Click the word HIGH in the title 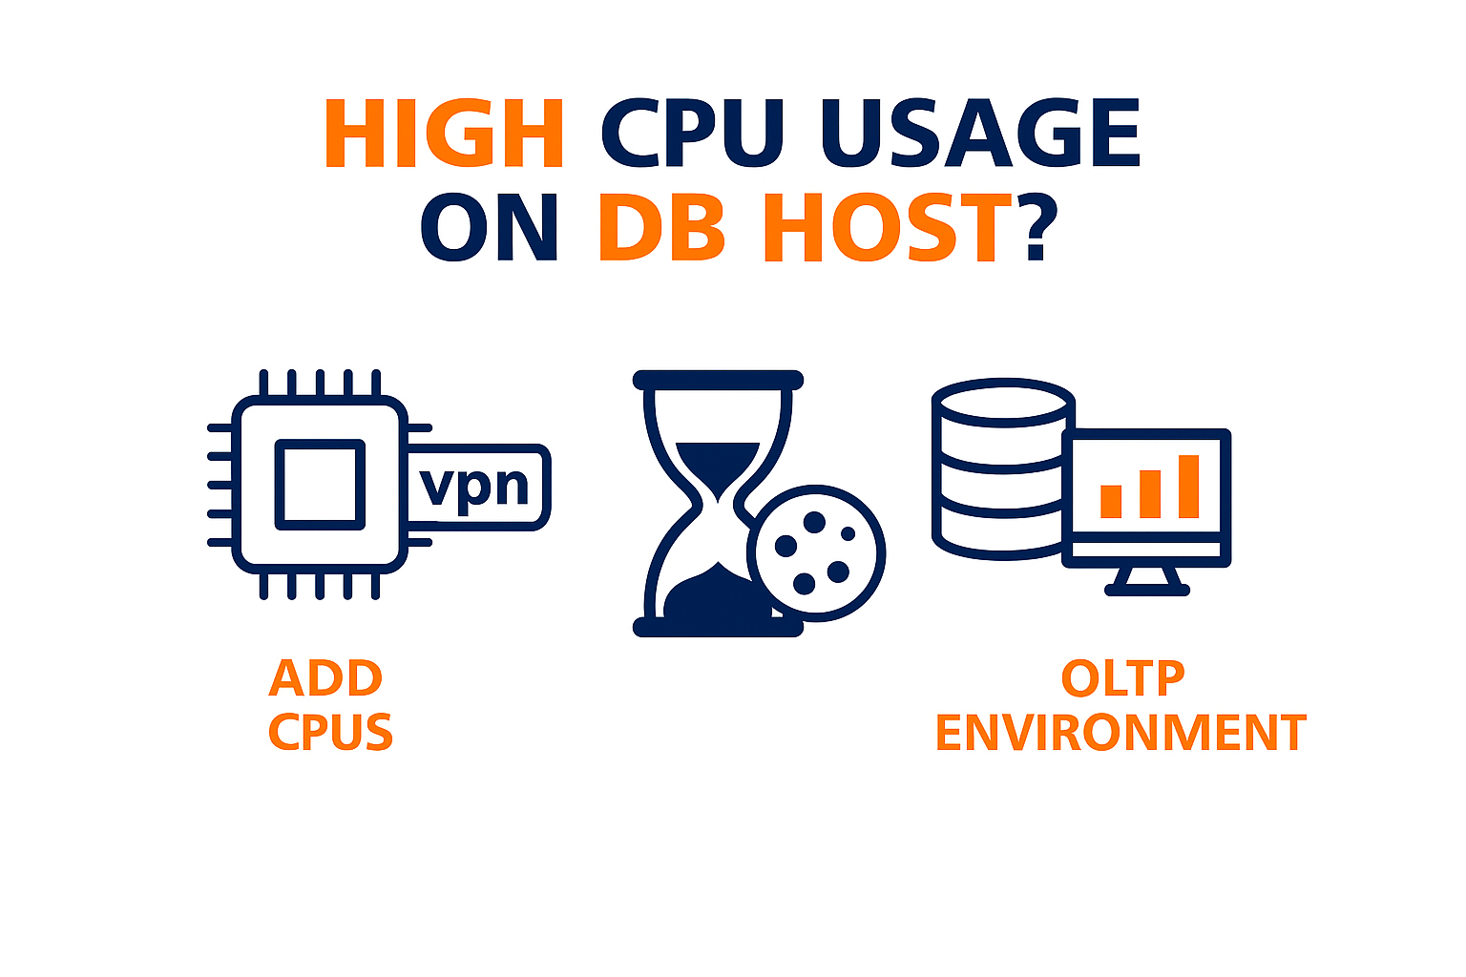pos(444,134)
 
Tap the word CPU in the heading pos(693,134)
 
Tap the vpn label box pos(476,487)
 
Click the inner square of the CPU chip pos(320,484)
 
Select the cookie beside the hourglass pos(816,553)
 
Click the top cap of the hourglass pos(718,380)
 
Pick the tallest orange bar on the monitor pos(1188,487)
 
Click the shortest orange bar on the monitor pos(1111,501)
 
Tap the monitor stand pos(1147,580)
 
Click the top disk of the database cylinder pos(1003,401)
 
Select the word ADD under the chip pos(325,678)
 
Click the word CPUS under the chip pos(330,733)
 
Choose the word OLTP pos(1122,678)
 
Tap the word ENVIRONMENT pos(1120,733)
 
